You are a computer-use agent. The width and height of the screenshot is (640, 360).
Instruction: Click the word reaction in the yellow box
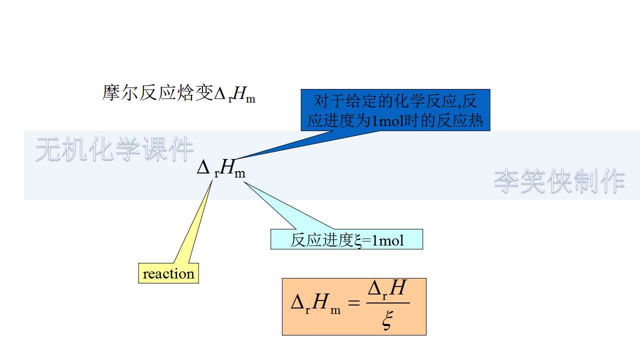[x=168, y=274]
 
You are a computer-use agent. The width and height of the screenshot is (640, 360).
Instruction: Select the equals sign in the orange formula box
[x=354, y=303]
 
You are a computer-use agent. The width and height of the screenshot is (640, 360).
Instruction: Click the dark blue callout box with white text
[x=395, y=110]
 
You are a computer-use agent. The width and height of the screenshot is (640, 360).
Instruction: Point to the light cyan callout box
[x=346, y=239]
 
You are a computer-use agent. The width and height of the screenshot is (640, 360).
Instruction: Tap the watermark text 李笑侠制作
[x=559, y=181]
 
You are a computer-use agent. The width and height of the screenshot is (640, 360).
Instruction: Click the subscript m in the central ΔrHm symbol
[x=240, y=173]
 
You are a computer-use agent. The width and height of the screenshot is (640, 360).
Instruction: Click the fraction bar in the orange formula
[x=388, y=303]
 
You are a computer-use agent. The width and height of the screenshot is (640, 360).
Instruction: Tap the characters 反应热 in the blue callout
[x=465, y=121]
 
